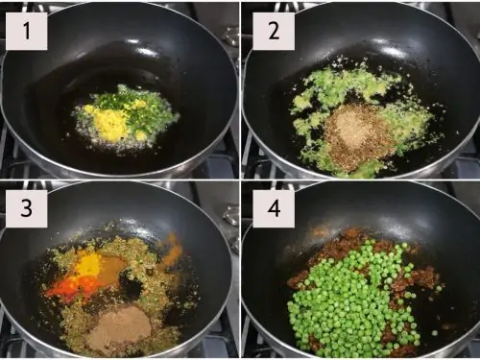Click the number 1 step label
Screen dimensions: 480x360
pos(27,31)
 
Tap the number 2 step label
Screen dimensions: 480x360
pos(274,31)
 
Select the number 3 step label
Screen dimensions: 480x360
pos(27,208)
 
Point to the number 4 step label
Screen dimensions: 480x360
pos(274,208)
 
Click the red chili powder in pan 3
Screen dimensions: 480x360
pos(71,286)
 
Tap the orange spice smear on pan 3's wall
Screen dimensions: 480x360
pos(173,248)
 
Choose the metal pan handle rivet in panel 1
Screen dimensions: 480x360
pos(231,36)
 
